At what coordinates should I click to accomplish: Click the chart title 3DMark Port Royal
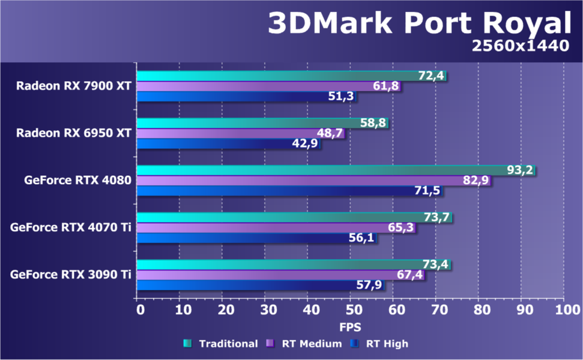(x=418, y=24)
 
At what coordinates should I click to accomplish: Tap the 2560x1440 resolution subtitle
(x=520, y=46)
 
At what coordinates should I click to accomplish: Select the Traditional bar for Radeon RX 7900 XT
(x=276, y=76)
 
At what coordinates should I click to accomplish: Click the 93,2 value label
(x=520, y=170)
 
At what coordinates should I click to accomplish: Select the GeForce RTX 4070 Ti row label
(x=70, y=227)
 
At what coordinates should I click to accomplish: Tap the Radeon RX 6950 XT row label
(x=74, y=133)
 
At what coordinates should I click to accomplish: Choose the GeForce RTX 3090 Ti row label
(x=70, y=275)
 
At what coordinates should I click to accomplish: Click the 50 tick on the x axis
(x=353, y=310)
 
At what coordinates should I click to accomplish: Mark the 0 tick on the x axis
(x=140, y=310)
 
